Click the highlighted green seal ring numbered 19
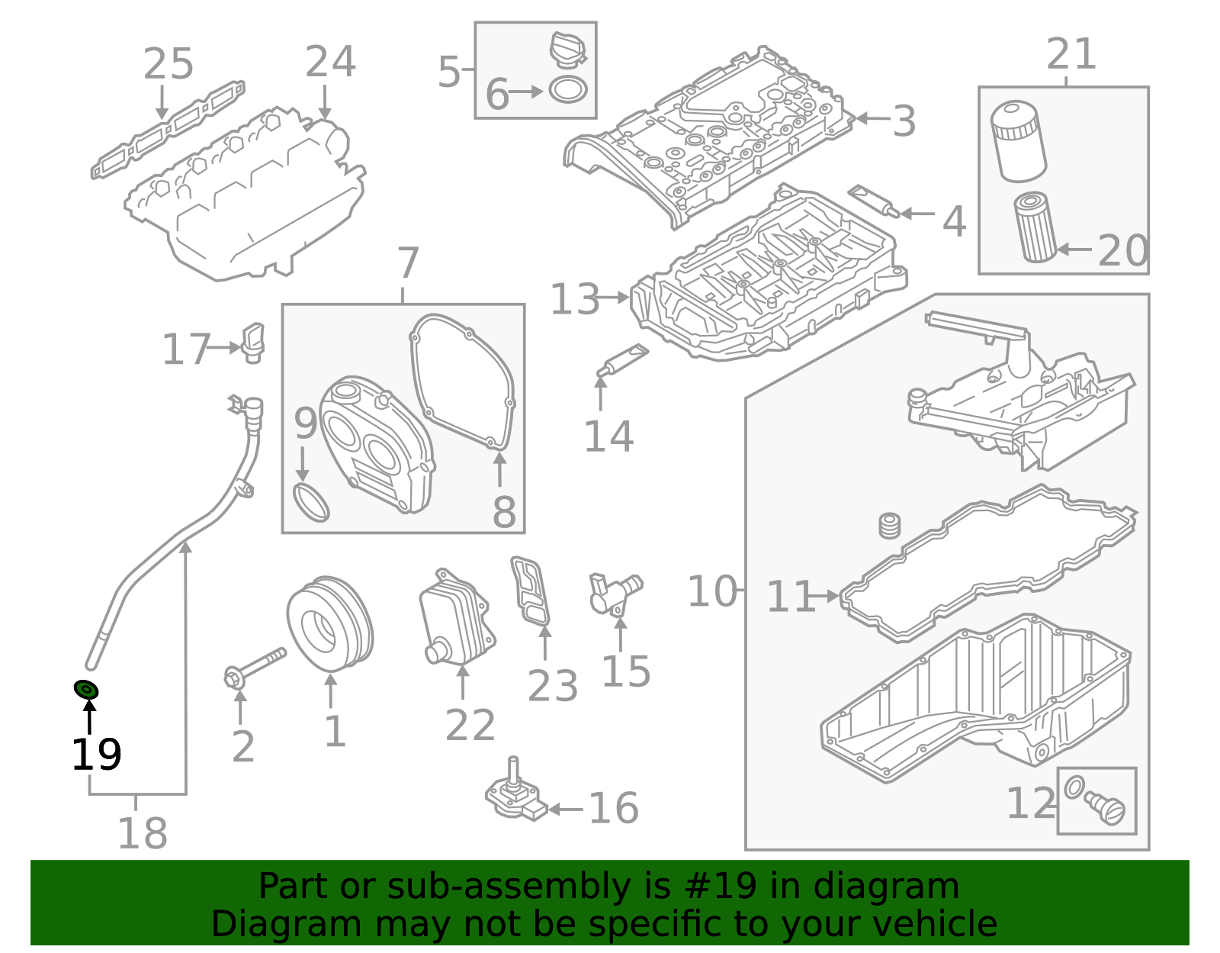click(x=86, y=690)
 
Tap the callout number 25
click(x=169, y=64)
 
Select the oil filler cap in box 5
click(x=567, y=50)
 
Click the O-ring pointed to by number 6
click(x=568, y=90)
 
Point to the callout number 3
click(x=904, y=121)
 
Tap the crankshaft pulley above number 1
click(x=330, y=625)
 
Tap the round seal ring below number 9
click(x=311, y=502)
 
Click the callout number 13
click(x=575, y=299)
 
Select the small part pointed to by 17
click(x=252, y=343)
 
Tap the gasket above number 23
click(x=531, y=591)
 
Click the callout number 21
click(x=1071, y=54)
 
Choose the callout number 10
click(x=713, y=591)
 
